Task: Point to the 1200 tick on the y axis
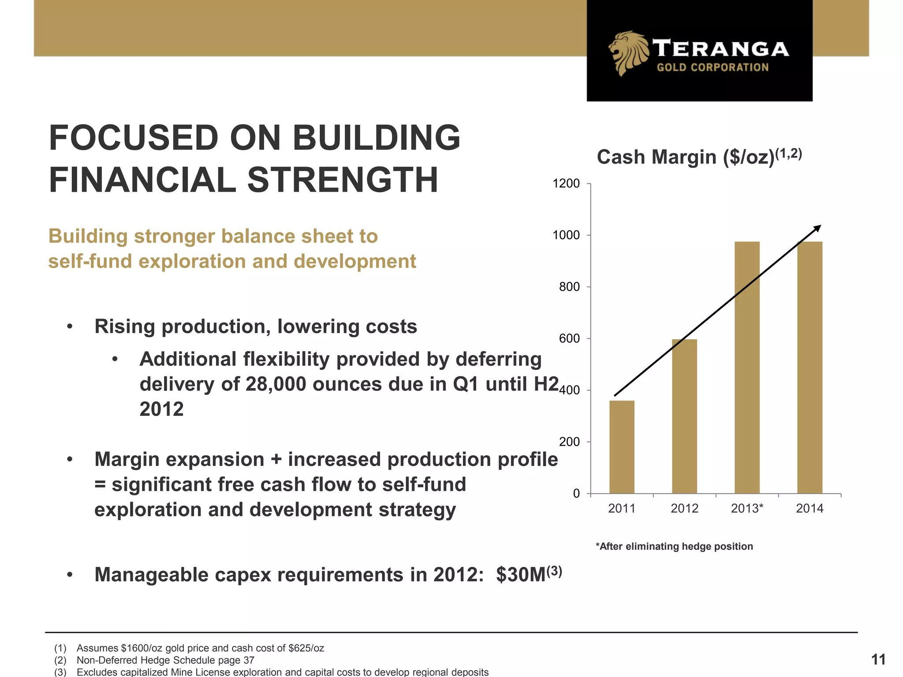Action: click(x=567, y=184)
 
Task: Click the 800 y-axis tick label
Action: click(x=569, y=287)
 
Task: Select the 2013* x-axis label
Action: click(x=747, y=509)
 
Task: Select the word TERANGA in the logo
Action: click(x=720, y=49)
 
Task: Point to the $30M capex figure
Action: click(x=521, y=575)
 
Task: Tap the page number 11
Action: click(x=878, y=659)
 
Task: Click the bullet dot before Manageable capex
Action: click(x=70, y=575)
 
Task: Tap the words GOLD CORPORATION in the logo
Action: click(x=713, y=67)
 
